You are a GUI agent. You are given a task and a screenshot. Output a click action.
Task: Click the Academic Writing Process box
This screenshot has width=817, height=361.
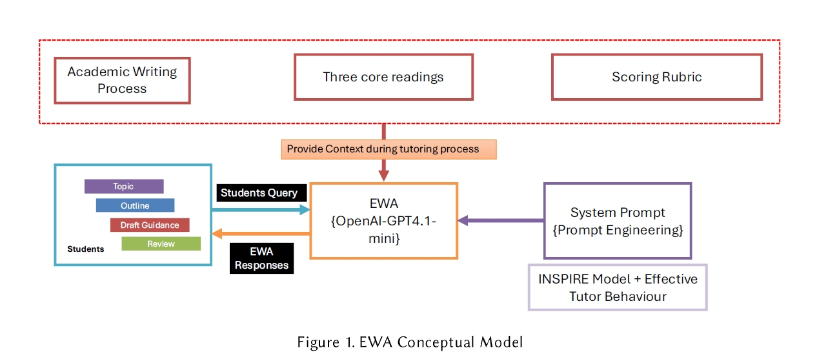(x=122, y=80)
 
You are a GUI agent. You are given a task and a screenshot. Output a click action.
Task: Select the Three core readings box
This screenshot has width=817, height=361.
(x=383, y=77)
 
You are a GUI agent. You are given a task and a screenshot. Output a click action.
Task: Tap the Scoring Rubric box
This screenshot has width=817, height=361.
(x=656, y=77)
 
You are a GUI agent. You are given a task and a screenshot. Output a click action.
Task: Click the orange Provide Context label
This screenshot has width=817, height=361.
(x=388, y=149)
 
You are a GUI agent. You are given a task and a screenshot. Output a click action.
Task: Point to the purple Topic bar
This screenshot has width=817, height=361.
(x=124, y=187)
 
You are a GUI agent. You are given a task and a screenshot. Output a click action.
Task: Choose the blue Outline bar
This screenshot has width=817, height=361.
(x=135, y=205)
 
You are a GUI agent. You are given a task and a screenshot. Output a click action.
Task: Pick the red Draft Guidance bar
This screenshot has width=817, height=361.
(x=150, y=225)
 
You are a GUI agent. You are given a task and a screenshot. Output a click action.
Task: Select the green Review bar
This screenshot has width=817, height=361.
(x=161, y=243)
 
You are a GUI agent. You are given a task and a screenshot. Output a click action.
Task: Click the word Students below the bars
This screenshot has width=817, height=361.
(x=85, y=249)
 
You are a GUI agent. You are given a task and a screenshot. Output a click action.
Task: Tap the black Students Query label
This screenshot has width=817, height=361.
(x=259, y=192)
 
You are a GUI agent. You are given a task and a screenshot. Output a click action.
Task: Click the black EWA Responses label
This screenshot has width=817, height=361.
(x=261, y=258)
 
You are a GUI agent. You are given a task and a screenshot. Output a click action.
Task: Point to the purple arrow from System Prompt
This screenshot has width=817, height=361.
(x=501, y=220)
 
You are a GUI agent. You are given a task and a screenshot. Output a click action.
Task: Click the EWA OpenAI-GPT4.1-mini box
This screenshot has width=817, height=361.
(x=383, y=221)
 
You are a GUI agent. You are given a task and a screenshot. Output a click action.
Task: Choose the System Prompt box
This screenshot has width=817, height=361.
(x=617, y=221)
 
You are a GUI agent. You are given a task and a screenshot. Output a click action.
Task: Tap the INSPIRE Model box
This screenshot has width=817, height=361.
(x=617, y=287)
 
